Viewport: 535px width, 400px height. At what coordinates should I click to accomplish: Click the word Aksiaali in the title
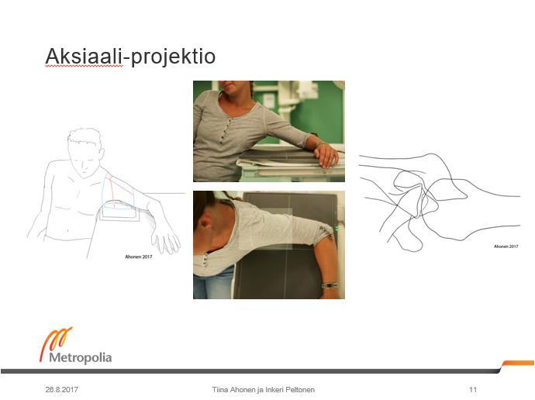[x=84, y=56]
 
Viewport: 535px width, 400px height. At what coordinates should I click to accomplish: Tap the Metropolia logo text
[x=80, y=357]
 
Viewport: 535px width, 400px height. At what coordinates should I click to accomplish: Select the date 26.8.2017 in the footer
[x=62, y=389]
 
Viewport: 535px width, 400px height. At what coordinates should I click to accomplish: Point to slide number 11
[x=473, y=389]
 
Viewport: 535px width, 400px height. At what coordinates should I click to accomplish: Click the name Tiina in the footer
[x=220, y=389]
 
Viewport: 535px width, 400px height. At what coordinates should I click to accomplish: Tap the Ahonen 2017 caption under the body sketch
[x=139, y=257]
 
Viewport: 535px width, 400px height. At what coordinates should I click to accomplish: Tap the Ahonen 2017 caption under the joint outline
[x=506, y=247]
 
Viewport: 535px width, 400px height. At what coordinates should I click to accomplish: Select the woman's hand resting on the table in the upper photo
[x=326, y=155]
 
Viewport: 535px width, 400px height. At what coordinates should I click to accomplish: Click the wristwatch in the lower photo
[x=330, y=285]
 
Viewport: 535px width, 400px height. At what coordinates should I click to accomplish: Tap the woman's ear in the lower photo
[x=204, y=224]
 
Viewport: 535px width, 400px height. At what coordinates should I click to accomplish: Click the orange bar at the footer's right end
[x=518, y=363]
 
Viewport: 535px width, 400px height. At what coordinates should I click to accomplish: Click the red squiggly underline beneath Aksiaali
[x=84, y=66]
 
